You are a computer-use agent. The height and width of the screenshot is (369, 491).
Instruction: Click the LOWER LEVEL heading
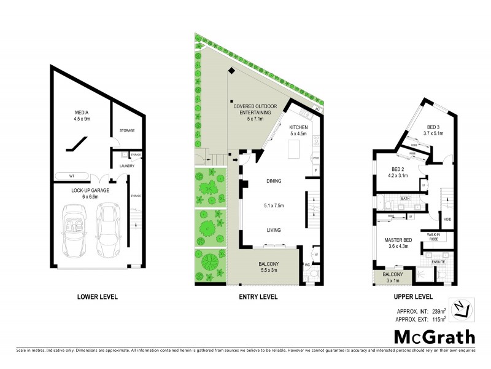pyautogui.click(x=97, y=297)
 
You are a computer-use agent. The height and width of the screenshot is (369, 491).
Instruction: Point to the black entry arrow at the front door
pyautogui.click(x=235, y=161)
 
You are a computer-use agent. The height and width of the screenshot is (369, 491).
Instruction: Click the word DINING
pyautogui.click(x=274, y=181)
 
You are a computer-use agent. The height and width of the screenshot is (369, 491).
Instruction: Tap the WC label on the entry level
pyautogui.click(x=306, y=265)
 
